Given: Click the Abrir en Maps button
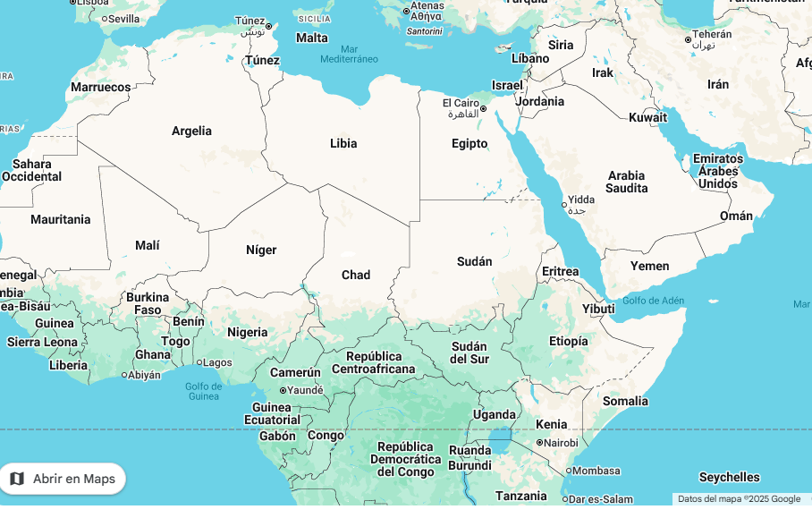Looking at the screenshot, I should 63,479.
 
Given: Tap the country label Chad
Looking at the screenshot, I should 356,275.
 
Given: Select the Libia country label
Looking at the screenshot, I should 343,143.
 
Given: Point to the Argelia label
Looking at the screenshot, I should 191,131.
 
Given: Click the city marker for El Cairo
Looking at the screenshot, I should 483,109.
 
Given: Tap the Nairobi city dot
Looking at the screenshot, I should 539,443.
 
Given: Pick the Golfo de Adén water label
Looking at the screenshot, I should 653,301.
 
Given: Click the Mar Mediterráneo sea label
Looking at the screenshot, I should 349,54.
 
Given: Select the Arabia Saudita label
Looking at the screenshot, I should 626,182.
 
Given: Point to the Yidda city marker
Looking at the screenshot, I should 563,205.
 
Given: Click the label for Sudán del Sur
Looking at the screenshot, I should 469,352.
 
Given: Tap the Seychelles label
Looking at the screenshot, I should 729,477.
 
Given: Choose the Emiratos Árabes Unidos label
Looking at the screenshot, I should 719,171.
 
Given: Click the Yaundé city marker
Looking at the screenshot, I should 283,390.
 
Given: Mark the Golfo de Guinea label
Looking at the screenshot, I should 203,391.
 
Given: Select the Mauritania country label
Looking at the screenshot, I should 61,219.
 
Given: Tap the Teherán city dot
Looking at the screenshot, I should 688,39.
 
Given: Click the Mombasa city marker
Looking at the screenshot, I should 568,471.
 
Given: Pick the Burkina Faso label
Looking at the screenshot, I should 148,303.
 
